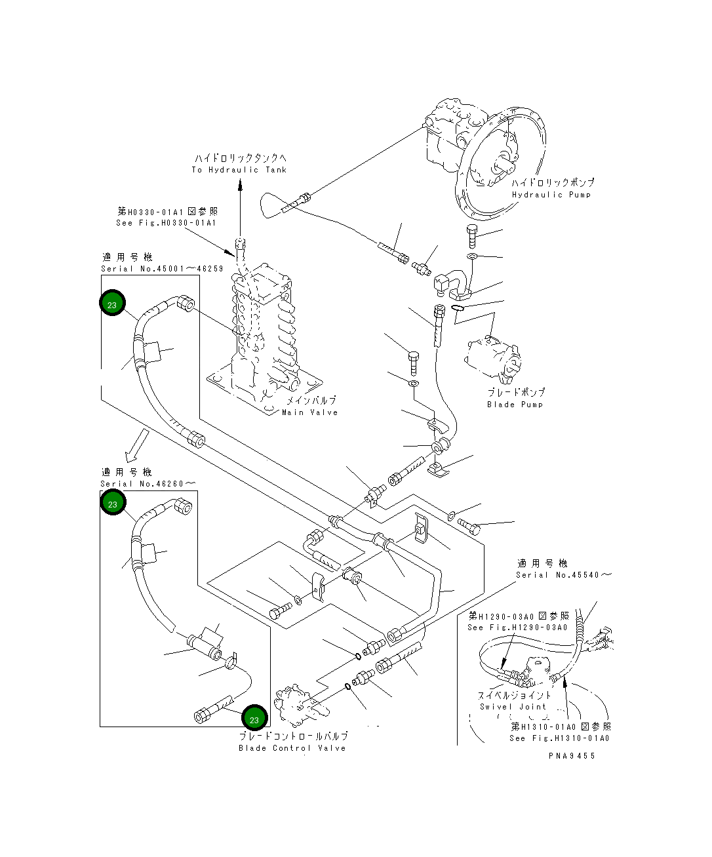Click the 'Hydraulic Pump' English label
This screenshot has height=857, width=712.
[551, 195]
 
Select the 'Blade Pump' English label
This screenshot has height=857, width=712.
[515, 405]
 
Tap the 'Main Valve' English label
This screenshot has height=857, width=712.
[309, 412]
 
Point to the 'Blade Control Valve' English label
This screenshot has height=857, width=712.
[292, 748]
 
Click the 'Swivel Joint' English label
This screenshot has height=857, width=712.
[513, 707]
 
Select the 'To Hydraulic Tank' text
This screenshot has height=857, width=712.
[239, 170]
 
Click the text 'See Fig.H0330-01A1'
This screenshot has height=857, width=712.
[167, 223]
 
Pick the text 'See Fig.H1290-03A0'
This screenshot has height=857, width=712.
[517, 628]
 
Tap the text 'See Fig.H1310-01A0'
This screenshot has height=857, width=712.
[559, 738]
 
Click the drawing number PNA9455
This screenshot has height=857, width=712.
[572, 756]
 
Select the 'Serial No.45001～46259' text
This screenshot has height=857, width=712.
[162, 269]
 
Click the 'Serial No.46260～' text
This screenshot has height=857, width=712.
[148, 484]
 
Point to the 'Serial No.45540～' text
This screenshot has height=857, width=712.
[563, 575]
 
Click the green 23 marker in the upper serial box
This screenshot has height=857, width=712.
[112, 305]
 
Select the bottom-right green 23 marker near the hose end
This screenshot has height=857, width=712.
[254, 719]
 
